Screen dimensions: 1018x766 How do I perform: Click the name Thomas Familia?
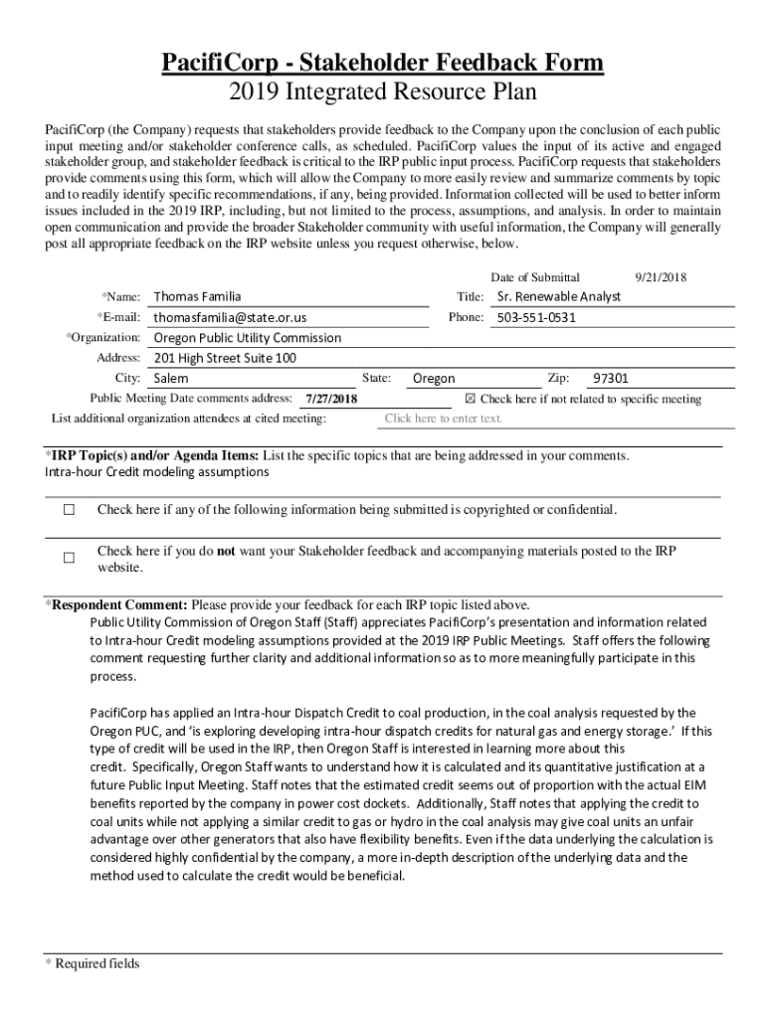click(x=197, y=296)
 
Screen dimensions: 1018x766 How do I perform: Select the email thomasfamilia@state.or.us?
click(x=230, y=317)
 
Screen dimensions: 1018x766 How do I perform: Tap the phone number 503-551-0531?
click(x=536, y=317)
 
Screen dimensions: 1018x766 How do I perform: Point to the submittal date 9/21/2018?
click(x=662, y=277)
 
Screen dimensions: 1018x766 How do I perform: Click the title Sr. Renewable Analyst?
click(x=558, y=296)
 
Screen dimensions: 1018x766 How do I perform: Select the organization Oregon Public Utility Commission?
click(x=247, y=337)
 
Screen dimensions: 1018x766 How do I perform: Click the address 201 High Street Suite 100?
click(x=225, y=358)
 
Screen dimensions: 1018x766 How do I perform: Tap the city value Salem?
click(x=171, y=379)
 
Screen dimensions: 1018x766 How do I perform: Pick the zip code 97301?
click(x=611, y=379)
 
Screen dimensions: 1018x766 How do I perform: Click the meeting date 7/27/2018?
click(x=331, y=400)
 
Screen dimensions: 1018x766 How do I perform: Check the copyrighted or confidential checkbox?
click(x=69, y=510)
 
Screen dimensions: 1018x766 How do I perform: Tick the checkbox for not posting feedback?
click(x=69, y=559)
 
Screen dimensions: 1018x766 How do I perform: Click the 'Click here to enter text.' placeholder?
click(x=443, y=419)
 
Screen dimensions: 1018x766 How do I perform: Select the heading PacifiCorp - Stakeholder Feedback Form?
click(x=383, y=64)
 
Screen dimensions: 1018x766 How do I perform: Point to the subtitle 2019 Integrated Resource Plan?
click(x=383, y=92)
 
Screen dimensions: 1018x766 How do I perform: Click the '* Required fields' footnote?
click(x=93, y=963)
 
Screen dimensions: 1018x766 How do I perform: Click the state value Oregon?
click(x=434, y=379)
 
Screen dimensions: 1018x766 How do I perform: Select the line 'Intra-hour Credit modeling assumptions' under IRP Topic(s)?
click(x=156, y=472)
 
